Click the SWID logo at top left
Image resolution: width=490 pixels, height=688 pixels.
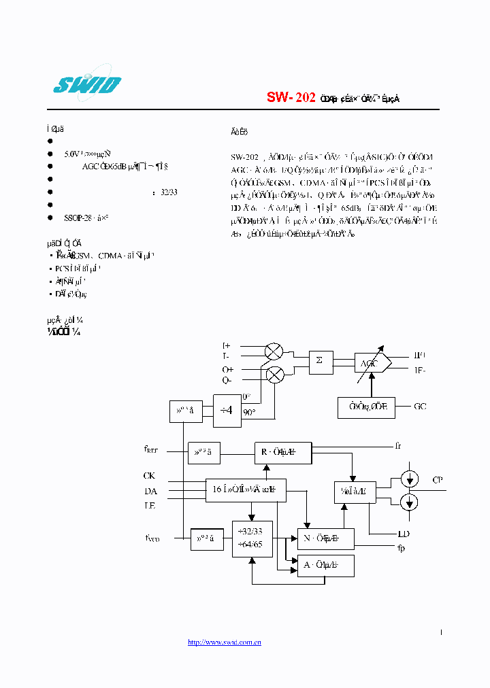pos(86,85)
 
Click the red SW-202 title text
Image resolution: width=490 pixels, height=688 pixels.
pos(291,98)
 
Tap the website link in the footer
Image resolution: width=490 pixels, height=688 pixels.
pos(225,642)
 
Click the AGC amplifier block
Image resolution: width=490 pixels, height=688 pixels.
pos(372,363)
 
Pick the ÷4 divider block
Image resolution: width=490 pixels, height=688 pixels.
pos(227,411)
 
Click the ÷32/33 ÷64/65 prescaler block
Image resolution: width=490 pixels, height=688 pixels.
pos(252,538)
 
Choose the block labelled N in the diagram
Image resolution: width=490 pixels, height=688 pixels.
pos(326,538)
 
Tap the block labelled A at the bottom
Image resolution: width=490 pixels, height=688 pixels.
pos(326,565)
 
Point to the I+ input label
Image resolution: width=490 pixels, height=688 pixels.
pos(226,346)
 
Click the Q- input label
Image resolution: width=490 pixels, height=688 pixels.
pos(226,380)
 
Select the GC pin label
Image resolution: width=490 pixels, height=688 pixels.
pos(421,407)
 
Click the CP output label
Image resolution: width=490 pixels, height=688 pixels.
pos(438,480)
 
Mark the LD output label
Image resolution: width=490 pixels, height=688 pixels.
pos(404,534)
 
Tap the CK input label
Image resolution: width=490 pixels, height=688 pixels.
pos(150,476)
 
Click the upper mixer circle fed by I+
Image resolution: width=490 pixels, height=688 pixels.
pos(274,351)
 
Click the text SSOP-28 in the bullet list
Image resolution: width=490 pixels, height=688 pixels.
pos(77,218)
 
